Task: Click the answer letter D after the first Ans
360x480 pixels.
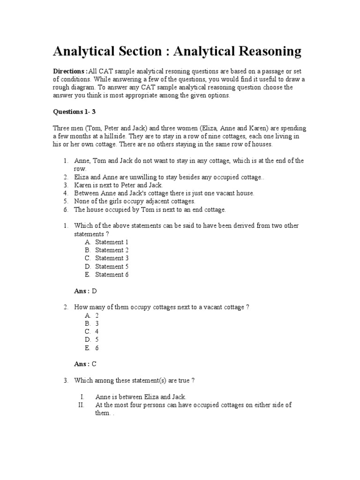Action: (x=94, y=291)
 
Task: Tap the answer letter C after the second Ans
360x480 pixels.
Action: (x=94, y=364)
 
